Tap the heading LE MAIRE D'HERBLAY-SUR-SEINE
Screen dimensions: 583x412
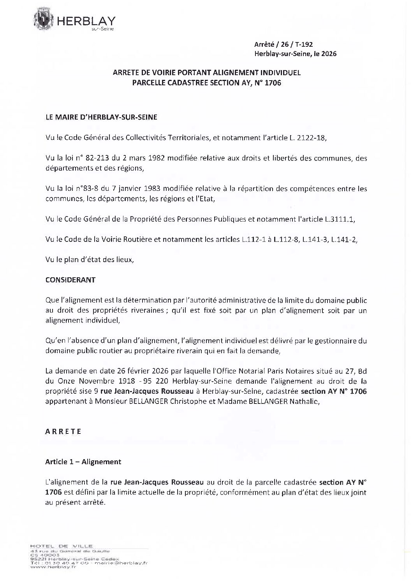tap(101, 117)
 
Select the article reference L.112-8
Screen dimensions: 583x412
tap(286, 240)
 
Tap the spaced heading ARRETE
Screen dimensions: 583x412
tap(63, 432)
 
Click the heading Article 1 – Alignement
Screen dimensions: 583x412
tap(83, 462)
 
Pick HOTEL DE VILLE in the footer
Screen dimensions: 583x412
tap(62, 546)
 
